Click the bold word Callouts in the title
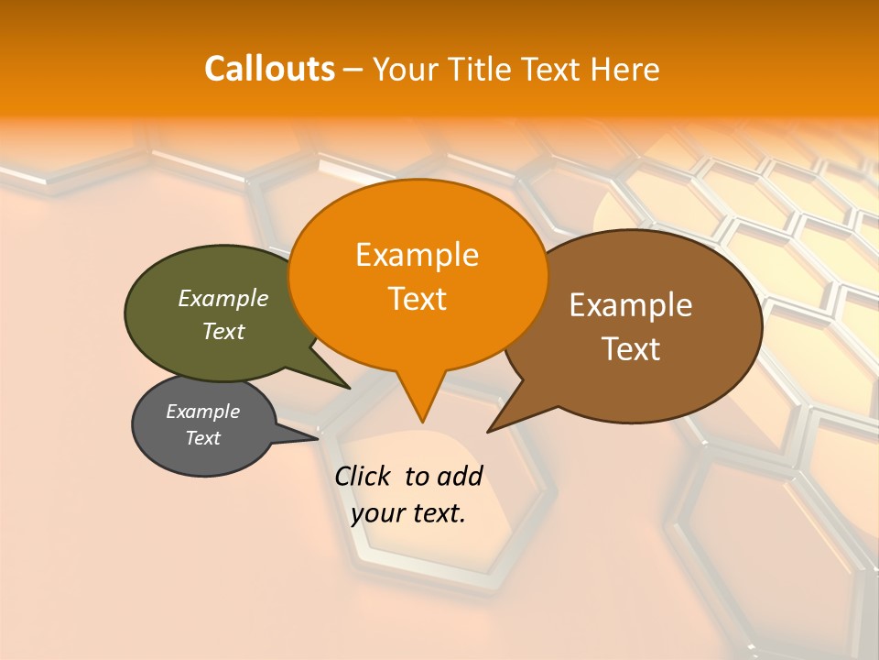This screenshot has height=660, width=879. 269,69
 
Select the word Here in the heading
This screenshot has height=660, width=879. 625,69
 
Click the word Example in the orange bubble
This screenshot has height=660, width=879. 417,255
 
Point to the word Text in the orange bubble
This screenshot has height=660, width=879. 417,299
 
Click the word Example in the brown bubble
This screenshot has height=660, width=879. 631,305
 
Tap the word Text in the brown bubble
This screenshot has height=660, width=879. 631,349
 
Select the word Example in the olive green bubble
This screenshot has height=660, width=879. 222,298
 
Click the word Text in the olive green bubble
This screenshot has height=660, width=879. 222,331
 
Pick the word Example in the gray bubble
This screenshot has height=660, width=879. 202,412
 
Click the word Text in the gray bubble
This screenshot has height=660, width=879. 202,438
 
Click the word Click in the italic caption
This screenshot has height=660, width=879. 362,476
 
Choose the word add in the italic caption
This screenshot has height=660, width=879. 460,476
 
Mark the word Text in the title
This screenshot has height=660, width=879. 552,69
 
